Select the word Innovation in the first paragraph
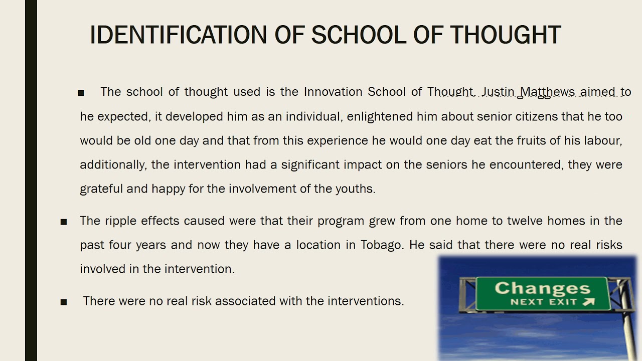334,92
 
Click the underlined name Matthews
547,92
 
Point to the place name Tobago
382,245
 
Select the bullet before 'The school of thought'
81,93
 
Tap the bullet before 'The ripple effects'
64,222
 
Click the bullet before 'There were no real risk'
64,302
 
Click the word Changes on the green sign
542,288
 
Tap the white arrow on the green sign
589,302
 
